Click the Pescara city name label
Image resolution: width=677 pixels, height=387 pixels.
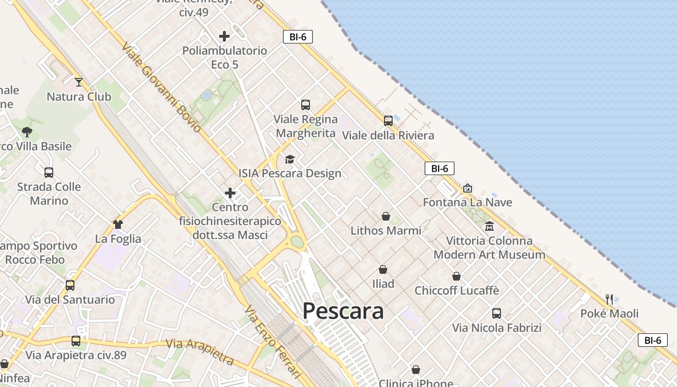343,311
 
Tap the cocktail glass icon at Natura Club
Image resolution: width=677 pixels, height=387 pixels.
79,82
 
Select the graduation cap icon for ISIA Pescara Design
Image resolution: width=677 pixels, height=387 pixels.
290,159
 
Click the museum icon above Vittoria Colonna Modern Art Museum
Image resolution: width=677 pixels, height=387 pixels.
489,226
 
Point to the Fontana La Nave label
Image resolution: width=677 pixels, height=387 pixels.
467,202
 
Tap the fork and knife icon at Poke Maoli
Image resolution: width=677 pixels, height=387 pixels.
609,299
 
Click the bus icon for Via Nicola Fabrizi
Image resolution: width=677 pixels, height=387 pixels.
497,313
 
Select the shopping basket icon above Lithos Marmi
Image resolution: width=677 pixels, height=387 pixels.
386,216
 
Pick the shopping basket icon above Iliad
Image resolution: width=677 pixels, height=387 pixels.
383,269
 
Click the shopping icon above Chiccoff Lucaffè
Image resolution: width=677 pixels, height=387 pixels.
456,276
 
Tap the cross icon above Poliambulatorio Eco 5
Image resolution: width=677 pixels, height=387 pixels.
224,36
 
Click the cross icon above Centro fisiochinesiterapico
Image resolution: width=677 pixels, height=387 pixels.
230,193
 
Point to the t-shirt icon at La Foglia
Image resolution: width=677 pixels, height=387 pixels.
118,224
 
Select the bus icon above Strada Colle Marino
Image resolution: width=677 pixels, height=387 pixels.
49,172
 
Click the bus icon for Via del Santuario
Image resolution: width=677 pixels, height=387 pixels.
70,285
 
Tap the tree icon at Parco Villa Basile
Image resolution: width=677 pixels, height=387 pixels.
27,132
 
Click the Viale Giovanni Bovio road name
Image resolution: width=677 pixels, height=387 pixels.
162,87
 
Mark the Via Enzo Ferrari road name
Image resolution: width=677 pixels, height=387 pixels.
273,342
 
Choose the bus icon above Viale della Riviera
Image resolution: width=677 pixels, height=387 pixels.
388,121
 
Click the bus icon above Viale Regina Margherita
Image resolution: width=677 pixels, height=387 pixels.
306,104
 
